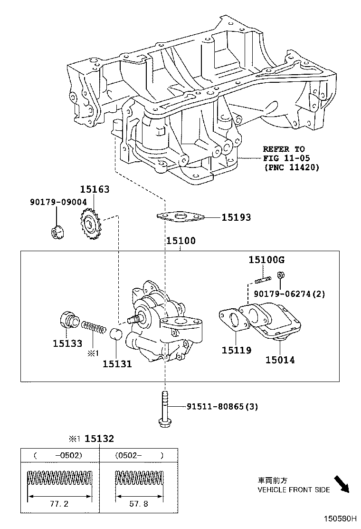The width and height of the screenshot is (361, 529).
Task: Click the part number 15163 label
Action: tap(94, 189)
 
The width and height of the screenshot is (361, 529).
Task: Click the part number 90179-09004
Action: tap(57, 202)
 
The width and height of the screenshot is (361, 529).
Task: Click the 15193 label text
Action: tap(236, 217)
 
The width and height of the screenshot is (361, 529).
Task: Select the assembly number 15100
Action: tap(180, 241)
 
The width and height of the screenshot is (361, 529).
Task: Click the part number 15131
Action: tap(117, 364)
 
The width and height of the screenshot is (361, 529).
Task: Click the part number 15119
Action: tap(236, 351)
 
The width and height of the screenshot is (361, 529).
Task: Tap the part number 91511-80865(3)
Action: tap(222, 407)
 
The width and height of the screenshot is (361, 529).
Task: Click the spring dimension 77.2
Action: tap(60, 503)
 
